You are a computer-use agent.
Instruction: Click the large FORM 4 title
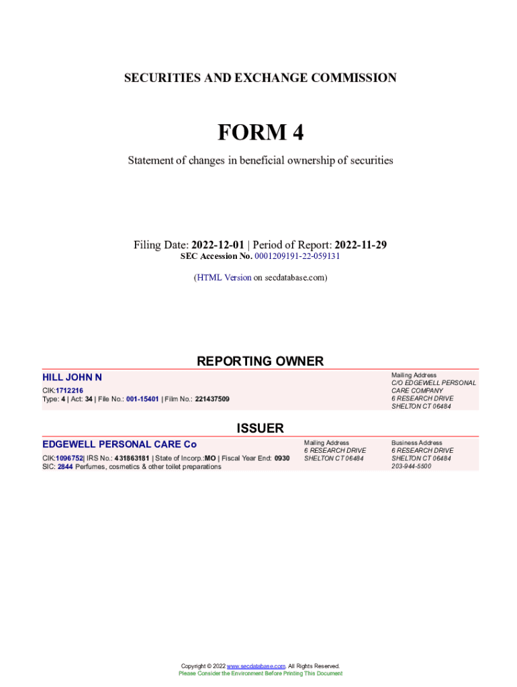[x=261, y=133]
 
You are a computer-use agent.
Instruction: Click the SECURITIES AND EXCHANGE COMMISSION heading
[x=261, y=78]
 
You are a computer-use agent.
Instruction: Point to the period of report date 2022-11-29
[x=361, y=245]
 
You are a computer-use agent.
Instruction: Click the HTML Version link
[x=224, y=277]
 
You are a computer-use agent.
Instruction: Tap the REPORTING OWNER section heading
[x=260, y=361]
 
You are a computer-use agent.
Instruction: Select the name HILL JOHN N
[x=73, y=378]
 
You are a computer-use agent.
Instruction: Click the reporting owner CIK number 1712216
[x=70, y=390]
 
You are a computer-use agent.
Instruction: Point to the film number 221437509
[x=212, y=399]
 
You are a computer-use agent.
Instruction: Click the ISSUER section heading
[x=260, y=428]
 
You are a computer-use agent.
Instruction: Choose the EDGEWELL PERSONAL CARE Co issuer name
[x=120, y=444]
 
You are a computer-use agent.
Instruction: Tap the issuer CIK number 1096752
[x=69, y=458]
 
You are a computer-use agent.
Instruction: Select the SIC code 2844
[x=65, y=466]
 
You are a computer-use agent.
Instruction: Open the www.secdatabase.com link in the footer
[x=256, y=666]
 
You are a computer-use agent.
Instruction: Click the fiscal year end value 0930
[x=282, y=458]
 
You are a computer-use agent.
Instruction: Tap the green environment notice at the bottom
[x=260, y=673]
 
